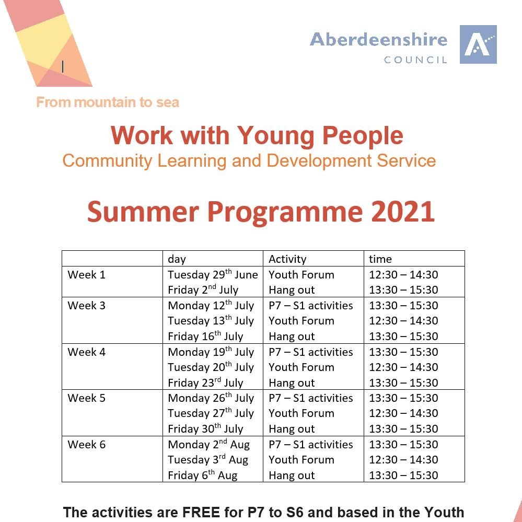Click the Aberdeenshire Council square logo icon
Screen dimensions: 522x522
478,44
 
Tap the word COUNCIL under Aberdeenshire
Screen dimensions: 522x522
415,60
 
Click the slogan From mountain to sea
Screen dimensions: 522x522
108,102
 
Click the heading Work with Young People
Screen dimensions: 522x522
257,136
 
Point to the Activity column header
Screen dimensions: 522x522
287,259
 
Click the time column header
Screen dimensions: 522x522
380,259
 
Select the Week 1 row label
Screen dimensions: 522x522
86,275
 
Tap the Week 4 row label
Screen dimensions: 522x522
86,352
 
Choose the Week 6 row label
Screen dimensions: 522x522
86,445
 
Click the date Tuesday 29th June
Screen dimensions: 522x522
213,275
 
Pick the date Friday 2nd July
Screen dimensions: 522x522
203,290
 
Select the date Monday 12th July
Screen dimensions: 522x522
211,306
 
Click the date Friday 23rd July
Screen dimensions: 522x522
205,383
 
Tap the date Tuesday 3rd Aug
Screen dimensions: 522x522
208,460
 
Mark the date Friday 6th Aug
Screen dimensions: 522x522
202,475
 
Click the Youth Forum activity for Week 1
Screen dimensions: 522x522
301,275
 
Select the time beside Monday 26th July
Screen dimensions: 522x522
403,398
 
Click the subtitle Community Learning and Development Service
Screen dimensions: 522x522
249,160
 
